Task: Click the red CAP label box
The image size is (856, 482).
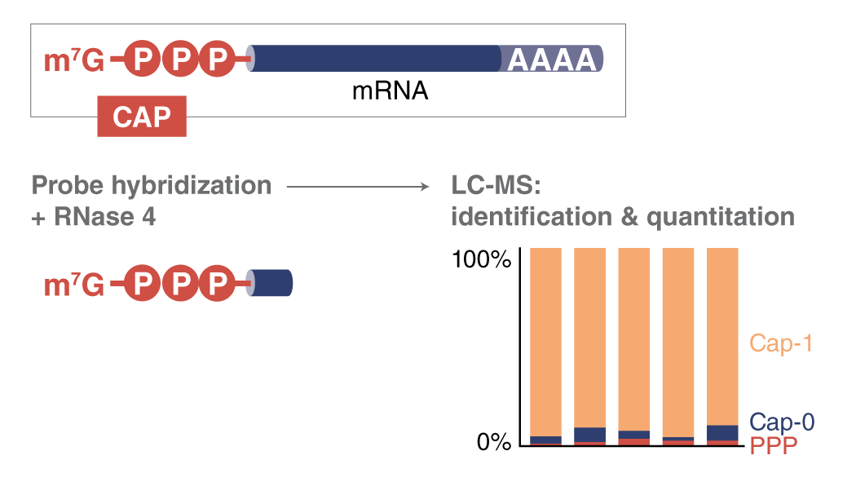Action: [x=141, y=117]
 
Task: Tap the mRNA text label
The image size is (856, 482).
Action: [x=390, y=91]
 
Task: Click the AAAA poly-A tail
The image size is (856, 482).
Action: [x=553, y=60]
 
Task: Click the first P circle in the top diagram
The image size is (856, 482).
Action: [x=143, y=60]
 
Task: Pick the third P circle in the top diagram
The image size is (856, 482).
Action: [x=217, y=60]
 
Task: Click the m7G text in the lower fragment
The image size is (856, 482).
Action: [x=73, y=285]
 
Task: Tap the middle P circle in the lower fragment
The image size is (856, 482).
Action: [x=180, y=284]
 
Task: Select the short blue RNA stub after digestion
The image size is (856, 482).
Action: [x=271, y=283]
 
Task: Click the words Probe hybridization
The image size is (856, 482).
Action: [x=151, y=185]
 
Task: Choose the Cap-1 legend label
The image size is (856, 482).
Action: [x=781, y=343]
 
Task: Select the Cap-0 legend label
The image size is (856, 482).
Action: [x=782, y=422]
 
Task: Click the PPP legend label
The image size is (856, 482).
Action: [x=773, y=445]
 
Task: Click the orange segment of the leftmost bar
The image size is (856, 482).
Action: [x=545, y=343]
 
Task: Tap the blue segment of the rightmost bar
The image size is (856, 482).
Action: [x=722, y=432]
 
